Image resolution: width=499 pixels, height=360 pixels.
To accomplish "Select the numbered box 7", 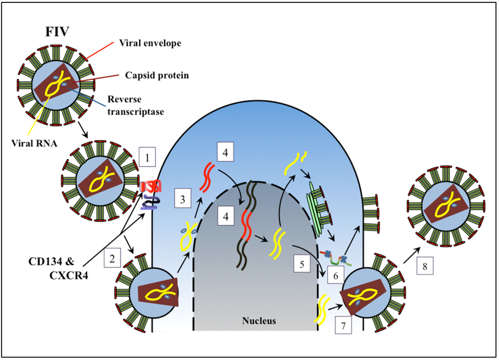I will click(344, 324).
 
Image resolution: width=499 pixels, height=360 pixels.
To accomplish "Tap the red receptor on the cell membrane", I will click(148, 186).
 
